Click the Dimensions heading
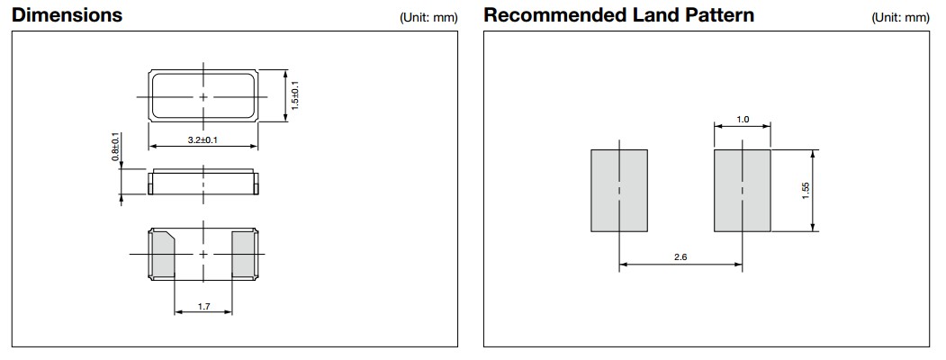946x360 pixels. click(x=67, y=15)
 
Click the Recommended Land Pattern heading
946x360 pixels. click(x=618, y=15)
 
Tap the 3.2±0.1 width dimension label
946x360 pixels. click(x=203, y=141)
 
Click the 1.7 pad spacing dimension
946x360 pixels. click(x=203, y=307)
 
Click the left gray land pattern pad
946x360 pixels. click(x=619, y=191)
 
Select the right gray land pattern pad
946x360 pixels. click(x=742, y=191)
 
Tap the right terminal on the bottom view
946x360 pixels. click(x=244, y=254)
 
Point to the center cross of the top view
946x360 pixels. click(x=203, y=96)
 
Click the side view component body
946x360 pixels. click(x=203, y=181)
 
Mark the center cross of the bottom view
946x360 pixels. click(x=203, y=255)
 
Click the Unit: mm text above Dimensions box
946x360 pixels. click(x=428, y=18)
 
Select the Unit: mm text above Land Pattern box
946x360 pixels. click(x=900, y=18)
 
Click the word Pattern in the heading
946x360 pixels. click(x=719, y=15)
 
